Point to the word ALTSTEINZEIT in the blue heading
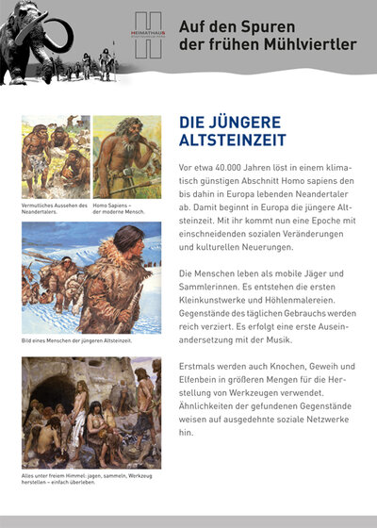coord(224,143)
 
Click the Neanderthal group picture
coord(55,157)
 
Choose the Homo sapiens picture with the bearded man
coord(126,157)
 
